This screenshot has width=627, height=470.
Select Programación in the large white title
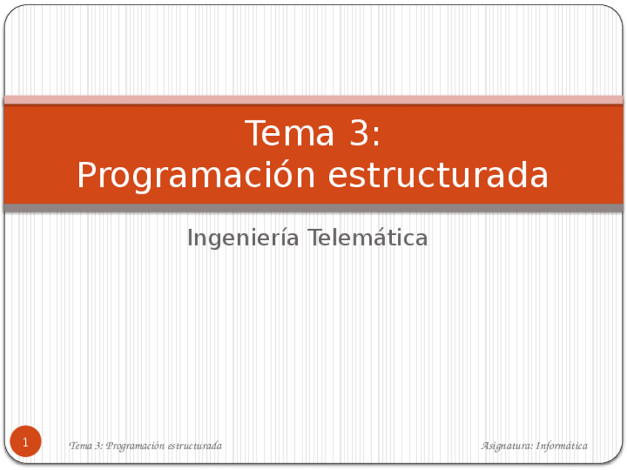click(195, 176)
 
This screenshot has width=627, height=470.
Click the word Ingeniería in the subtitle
click(243, 238)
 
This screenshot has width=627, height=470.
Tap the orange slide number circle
click(25, 442)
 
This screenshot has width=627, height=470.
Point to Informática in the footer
click(562, 446)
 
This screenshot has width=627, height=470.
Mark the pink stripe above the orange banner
click(313, 100)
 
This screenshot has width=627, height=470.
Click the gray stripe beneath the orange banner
click(313, 208)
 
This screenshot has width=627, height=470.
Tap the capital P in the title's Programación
click(87, 176)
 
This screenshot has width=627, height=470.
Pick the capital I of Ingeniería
click(190, 238)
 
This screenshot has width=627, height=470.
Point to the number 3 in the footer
click(97, 446)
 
